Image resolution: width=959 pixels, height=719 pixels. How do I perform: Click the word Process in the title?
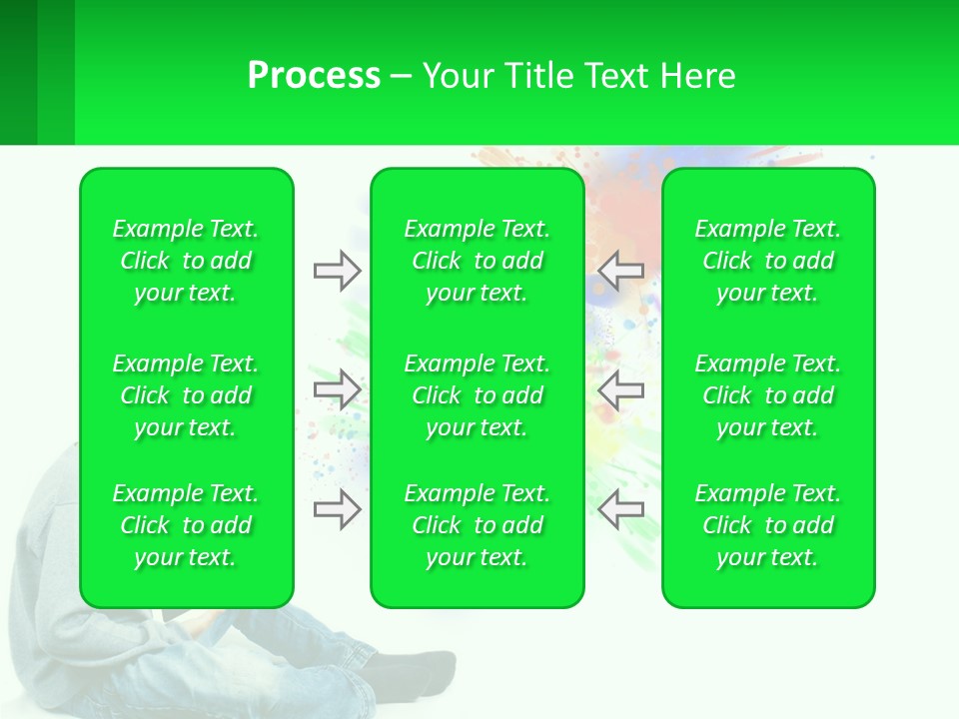[314, 76]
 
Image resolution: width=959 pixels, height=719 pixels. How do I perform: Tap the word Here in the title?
[697, 76]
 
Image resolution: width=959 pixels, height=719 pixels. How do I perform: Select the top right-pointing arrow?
[337, 271]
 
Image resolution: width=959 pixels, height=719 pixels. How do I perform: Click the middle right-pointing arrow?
[337, 389]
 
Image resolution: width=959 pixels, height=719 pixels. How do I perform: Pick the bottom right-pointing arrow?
[337, 509]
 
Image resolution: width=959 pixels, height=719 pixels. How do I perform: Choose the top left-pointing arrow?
[620, 271]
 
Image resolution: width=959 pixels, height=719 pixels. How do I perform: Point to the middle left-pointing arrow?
[620, 389]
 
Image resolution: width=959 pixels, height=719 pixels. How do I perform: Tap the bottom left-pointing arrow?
[620, 509]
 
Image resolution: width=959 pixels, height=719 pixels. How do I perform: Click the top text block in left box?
[186, 261]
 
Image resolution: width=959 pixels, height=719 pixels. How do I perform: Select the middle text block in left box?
[186, 395]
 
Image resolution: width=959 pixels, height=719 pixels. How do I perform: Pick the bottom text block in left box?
[186, 525]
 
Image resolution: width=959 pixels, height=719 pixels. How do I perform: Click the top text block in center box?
[477, 261]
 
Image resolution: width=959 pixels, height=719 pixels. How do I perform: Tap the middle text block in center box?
[477, 395]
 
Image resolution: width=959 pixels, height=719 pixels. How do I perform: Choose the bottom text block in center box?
[477, 525]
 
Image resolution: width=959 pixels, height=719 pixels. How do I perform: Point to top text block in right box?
[767, 261]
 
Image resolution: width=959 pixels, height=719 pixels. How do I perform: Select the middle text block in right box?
[767, 395]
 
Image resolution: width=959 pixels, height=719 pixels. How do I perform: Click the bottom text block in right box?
[767, 525]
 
